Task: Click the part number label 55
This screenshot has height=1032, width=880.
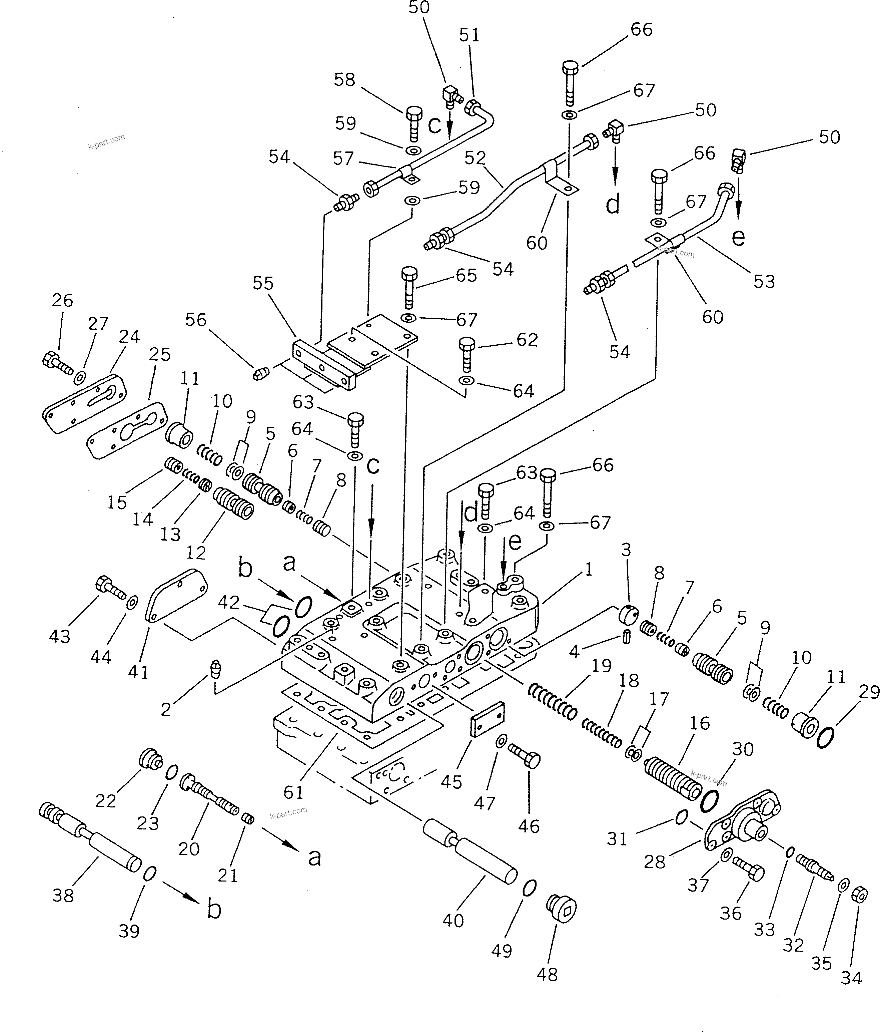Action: pyautogui.click(x=263, y=283)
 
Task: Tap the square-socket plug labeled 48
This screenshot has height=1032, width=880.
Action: pyautogui.click(x=562, y=910)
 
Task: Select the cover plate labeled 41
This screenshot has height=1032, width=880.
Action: pyautogui.click(x=177, y=595)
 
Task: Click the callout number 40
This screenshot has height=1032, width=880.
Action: pyautogui.click(x=453, y=921)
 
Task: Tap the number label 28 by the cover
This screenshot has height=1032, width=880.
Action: pyautogui.click(x=654, y=861)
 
